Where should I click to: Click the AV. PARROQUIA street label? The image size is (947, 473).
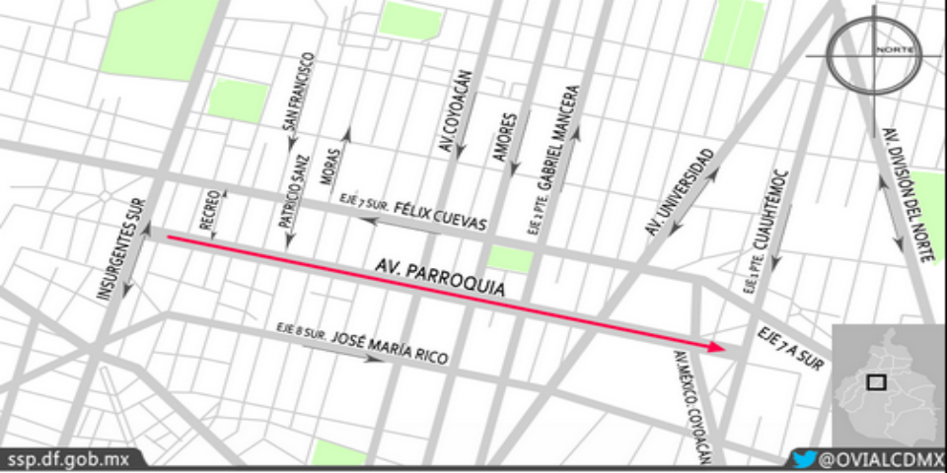tap(439, 279)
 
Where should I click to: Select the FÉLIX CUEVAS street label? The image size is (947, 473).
tap(440, 217)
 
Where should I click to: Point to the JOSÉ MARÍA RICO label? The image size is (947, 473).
tap(389, 348)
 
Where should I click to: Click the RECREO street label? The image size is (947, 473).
tap(209, 210)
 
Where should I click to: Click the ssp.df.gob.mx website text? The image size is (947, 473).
tap(68, 459)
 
